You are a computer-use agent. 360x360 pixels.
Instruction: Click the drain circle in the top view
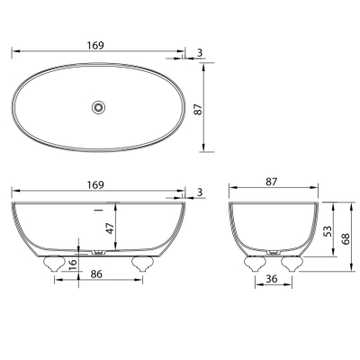pos(99,107)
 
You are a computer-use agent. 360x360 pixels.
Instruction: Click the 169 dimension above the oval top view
pos(95,46)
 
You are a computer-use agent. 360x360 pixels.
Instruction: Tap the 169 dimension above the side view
pos(95,184)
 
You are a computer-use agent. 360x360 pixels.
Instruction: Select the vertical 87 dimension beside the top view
pos(198,107)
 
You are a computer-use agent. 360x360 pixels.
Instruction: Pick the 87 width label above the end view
pos(271,182)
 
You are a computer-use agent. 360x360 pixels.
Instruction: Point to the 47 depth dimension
pos(110,228)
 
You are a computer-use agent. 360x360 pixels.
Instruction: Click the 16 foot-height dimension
pos(73,265)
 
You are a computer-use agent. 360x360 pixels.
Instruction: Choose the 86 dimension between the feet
pos(96,274)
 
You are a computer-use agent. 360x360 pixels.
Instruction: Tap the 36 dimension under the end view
pos(272,279)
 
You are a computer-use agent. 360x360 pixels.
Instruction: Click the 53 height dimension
pos(328,230)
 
